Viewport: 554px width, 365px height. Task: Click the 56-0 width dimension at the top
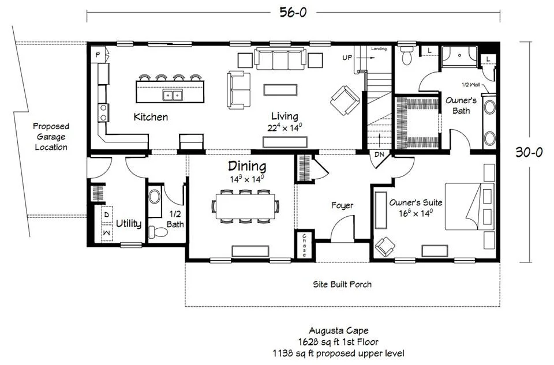tap(293, 12)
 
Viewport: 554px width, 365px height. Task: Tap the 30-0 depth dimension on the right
tap(529, 152)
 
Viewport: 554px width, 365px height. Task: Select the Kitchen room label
tap(151, 117)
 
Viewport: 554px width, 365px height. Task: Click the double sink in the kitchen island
tap(173, 95)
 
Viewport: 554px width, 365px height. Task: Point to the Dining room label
tap(247, 166)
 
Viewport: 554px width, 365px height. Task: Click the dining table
tap(245, 206)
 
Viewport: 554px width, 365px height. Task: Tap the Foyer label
tap(342, 205)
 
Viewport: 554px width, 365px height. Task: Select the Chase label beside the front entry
tap(304, 245)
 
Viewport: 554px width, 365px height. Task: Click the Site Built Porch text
tap(342, 284)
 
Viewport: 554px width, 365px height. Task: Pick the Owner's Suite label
tap(416, 202)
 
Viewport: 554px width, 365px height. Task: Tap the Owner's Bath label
tap(461, 105)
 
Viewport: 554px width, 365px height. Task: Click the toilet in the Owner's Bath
tap(407, 56)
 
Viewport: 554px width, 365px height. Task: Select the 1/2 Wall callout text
tap(471, 85)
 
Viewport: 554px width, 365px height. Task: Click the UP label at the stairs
tap(347, 58)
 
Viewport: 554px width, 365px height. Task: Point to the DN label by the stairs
tap(379, 155)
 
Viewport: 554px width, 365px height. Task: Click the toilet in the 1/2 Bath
tap(158, 232)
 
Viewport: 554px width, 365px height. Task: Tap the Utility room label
tap(129, 223)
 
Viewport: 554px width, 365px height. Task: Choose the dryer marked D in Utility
tap(107, 215)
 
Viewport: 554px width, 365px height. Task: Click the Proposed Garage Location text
tap(51, 137)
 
